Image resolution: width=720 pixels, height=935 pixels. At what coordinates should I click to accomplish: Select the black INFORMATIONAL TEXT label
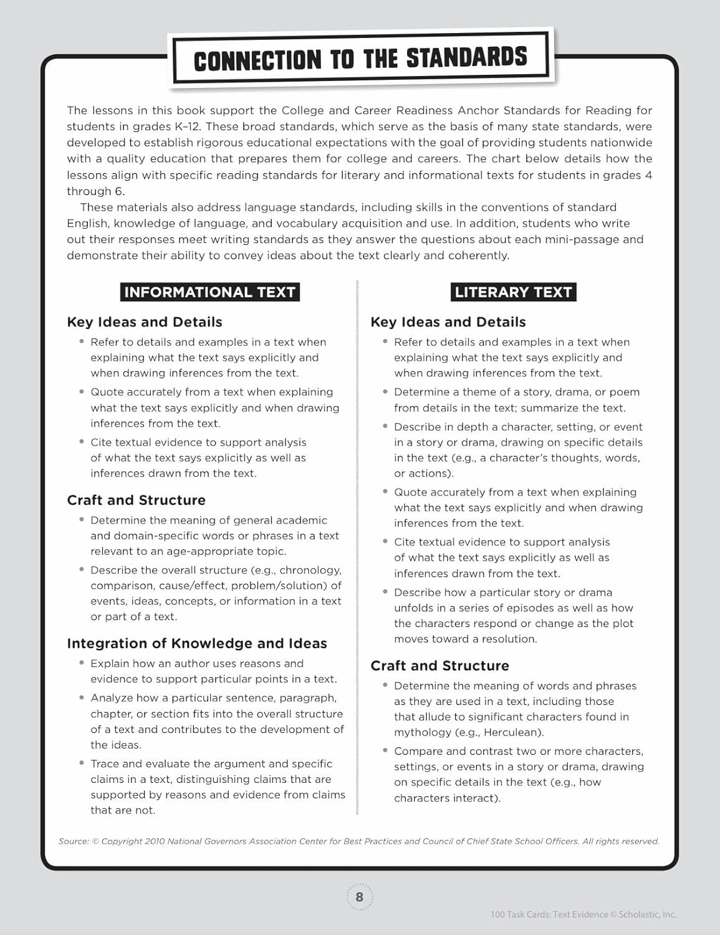point(209,292)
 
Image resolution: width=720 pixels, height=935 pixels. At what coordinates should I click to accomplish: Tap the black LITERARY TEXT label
point(513,292)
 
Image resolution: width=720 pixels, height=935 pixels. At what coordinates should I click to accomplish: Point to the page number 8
point(359,897)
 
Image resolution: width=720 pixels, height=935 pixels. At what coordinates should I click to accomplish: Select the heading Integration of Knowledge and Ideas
point(197,643)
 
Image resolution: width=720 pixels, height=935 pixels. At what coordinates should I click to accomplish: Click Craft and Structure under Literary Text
point(439,666)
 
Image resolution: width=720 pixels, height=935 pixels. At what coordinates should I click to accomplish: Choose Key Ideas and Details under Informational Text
point(145,322)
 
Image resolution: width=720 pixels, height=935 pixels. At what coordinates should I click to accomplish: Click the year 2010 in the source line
point(155,841)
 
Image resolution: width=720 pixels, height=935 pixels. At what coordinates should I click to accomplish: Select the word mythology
point(419,732)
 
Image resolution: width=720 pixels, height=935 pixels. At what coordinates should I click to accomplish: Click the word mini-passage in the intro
point(587,239)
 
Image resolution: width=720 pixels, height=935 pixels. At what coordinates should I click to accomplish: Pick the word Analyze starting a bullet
point(112,698)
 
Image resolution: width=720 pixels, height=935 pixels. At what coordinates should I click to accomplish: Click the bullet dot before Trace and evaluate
point(82,763)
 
